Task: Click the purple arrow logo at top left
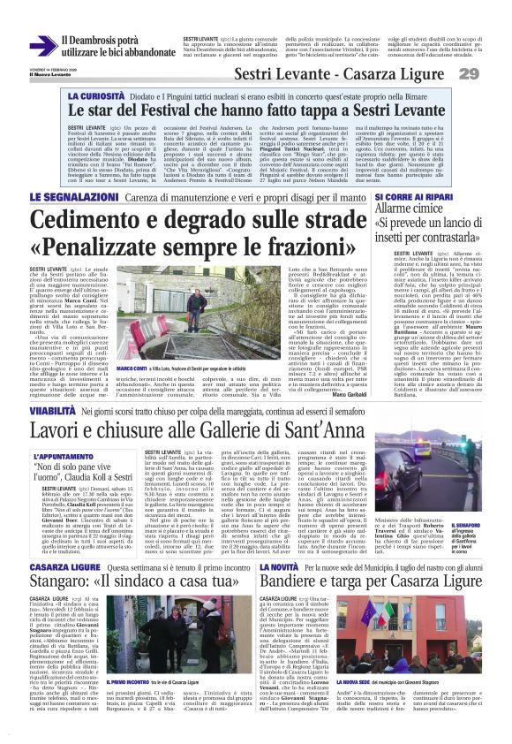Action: click(x=42, y=46)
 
